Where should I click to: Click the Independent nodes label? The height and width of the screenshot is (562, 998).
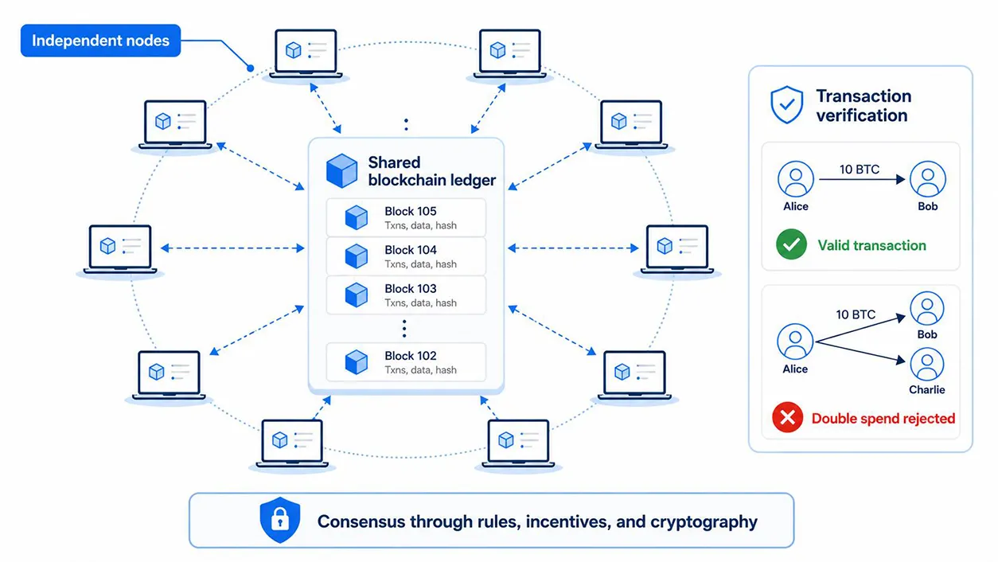pyautogui.click(x=101, y=41)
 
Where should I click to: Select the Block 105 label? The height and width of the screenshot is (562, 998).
pyautogui.click(x=411, y=211)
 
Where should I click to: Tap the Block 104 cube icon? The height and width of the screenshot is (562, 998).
pyautogui.click(x=357, y=256)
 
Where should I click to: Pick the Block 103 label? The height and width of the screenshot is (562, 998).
pyautogui.click(x=411, y=289)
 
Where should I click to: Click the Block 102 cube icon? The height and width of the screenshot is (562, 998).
pyautogui.click(x=357, y=361)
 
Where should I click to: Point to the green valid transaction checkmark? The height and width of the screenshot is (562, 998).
pyautogui.click(x=791, y=244)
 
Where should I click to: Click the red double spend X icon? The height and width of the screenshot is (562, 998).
pyautogui.click(x=788, y=417)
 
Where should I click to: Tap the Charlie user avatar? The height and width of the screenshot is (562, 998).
pyautogui.click(x=927, y=365)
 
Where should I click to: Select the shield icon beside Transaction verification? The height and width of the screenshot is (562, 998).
pyautogui.click(x=787, y=105)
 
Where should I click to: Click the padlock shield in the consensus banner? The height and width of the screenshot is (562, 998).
pyautogui.click(x=280, y=520)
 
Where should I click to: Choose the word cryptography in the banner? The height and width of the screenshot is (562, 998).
pyautogui.click(x=704, y=522)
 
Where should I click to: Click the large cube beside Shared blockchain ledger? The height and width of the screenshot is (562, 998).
pyautogui.click(x=341, y=170)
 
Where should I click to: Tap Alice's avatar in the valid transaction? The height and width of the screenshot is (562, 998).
pyautogui.click(x=796, y=179)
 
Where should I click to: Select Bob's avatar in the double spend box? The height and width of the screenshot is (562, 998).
pyautogui.click(x=927, y=308)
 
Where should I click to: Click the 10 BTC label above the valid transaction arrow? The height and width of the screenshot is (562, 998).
pyautogui.click(x=860, y=170)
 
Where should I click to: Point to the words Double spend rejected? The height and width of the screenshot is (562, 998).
pyautogui.click(x=883, y=419)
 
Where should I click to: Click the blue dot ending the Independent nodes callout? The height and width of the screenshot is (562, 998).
pyautogui.click(x=251, y=68)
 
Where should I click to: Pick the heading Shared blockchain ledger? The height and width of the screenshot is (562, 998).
pyautogui.click(x=431, y=171)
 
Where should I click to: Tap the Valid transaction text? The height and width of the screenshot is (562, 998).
pyautogui.click(x=872, y=245)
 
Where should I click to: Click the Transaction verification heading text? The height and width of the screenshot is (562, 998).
pyautogui.click(x=864, y=106)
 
